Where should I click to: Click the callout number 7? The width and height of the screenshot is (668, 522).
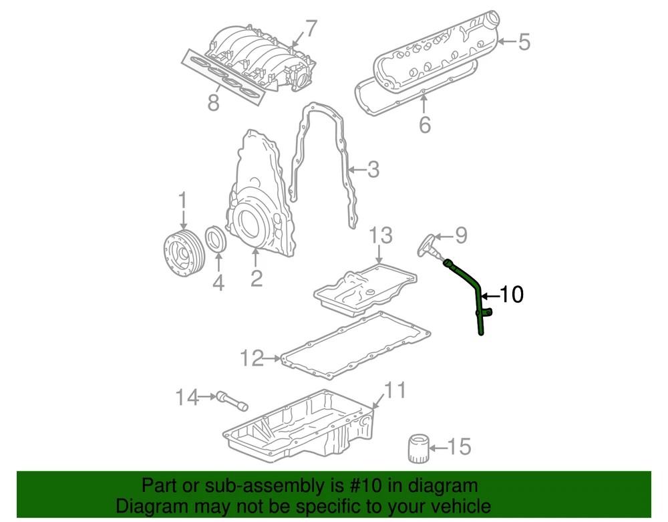click(311, 29)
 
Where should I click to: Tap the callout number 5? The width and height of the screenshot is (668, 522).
click(524, 41)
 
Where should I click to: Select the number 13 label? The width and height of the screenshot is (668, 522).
click(380, 235)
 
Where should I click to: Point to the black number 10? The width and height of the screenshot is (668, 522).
click(511, 295)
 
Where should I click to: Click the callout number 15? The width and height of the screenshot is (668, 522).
click(460, 446)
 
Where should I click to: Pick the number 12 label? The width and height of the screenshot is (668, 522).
click(253, 358)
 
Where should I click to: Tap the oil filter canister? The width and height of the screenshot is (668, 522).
click(417, 448)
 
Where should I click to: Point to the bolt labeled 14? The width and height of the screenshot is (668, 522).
click(232, 400)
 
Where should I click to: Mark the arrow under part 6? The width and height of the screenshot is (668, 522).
click(424, 104)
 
